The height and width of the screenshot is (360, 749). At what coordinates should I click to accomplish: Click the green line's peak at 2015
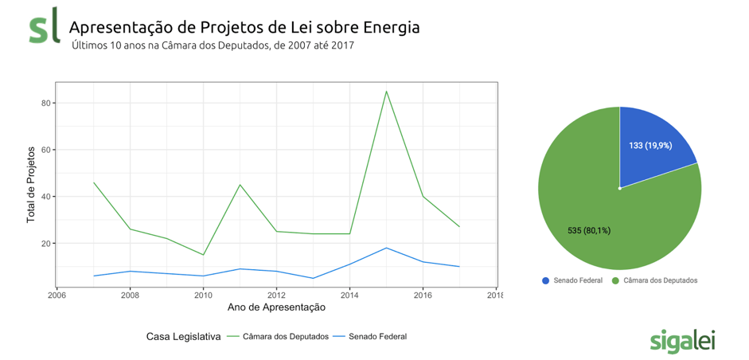point(386,91)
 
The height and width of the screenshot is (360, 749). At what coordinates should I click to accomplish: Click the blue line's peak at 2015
point(386,248)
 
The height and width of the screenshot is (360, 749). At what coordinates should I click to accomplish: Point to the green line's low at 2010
point(203,255)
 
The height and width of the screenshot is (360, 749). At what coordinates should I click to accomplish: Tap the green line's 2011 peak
point(240,185)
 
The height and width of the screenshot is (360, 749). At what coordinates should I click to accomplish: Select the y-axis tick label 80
point(46,103)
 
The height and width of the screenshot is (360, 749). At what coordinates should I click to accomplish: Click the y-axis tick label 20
point(46,243)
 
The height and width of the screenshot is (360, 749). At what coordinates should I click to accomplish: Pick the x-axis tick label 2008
point(130,295)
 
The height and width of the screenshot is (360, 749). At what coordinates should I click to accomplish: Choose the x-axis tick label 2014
point(349,295)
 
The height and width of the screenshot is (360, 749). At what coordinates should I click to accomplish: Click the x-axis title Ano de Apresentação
point(276,307)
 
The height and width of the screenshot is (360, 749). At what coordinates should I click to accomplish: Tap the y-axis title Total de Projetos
point(31,184)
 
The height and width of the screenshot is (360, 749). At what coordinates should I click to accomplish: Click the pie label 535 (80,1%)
point(589,230)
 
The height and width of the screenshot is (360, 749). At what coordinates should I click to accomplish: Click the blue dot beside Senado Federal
point(545,280)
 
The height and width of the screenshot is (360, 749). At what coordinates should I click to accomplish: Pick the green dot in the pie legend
point(616,280)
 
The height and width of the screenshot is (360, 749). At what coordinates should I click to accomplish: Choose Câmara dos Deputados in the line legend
point(287,336)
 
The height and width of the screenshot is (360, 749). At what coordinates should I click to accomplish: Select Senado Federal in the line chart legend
point(377,336)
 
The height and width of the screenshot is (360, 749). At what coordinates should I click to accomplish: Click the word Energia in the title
point(391,28)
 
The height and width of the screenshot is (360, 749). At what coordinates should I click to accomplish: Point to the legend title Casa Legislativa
point(183,336)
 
